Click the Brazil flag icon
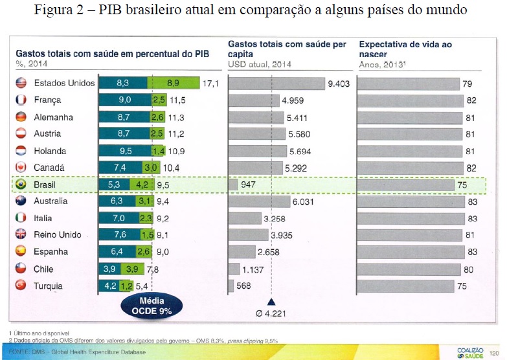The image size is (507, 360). click(19, 185)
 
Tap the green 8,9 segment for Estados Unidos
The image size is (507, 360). click(173, 84)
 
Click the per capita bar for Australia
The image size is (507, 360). click(259, 201)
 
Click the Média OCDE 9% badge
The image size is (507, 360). click(153, 304)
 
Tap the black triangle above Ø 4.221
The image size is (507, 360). click(272, 302)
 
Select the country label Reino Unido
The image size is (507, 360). click(58, 235)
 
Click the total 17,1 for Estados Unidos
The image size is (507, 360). click(211, 84)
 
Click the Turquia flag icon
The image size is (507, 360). click(19, 286)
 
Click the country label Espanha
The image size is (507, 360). click(52, 252)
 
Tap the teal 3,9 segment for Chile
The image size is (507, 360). click(110, 269)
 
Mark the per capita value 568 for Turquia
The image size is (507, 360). click(244, 286)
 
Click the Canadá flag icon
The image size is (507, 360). click(19, 168)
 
